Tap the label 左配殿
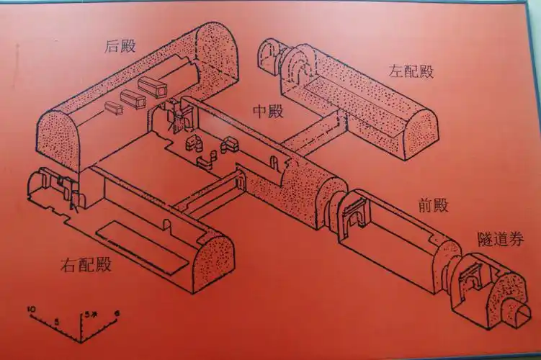pyautogui.click(x=411, y=71)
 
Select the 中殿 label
pyautogui.click(x=268, y=111)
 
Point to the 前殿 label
pyautogui.click(x=432, y=205)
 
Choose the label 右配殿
pyautogui.click(x=86, y=264)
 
